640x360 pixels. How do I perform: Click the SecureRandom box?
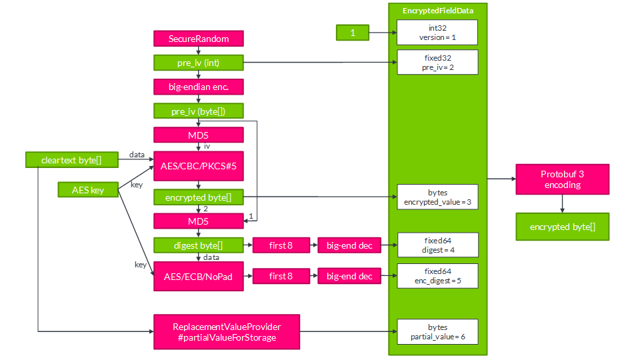click(x=199, y=39)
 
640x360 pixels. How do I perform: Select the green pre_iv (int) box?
click(x=199, y=63)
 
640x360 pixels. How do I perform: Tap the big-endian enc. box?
click(x=199, y=87)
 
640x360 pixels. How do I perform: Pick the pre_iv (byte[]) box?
click(x=199, y=111)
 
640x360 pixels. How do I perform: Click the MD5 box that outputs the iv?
click(x=199, y=135)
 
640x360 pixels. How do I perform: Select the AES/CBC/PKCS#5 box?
click(x=199, y=165)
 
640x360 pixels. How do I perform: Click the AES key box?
click(x=88, y=190)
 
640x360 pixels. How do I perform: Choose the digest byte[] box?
click(x=199, y=245)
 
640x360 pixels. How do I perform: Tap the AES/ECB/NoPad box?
click(x=199, y=276)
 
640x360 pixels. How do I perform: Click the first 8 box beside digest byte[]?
click(x=281, y=245)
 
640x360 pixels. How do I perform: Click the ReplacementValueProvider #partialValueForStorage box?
click(x=227, y=331)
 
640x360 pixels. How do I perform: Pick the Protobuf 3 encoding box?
click(x=562, y=179)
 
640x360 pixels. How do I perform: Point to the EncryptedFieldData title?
click(x=438, y=11)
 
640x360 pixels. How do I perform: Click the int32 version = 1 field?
click(x=437, y=32)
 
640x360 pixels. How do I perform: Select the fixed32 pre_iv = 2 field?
click(x=437, y=63)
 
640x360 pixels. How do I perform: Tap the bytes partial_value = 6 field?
click(x=437, y=331)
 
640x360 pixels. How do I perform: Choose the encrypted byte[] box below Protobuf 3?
click(x=562, y=227)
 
